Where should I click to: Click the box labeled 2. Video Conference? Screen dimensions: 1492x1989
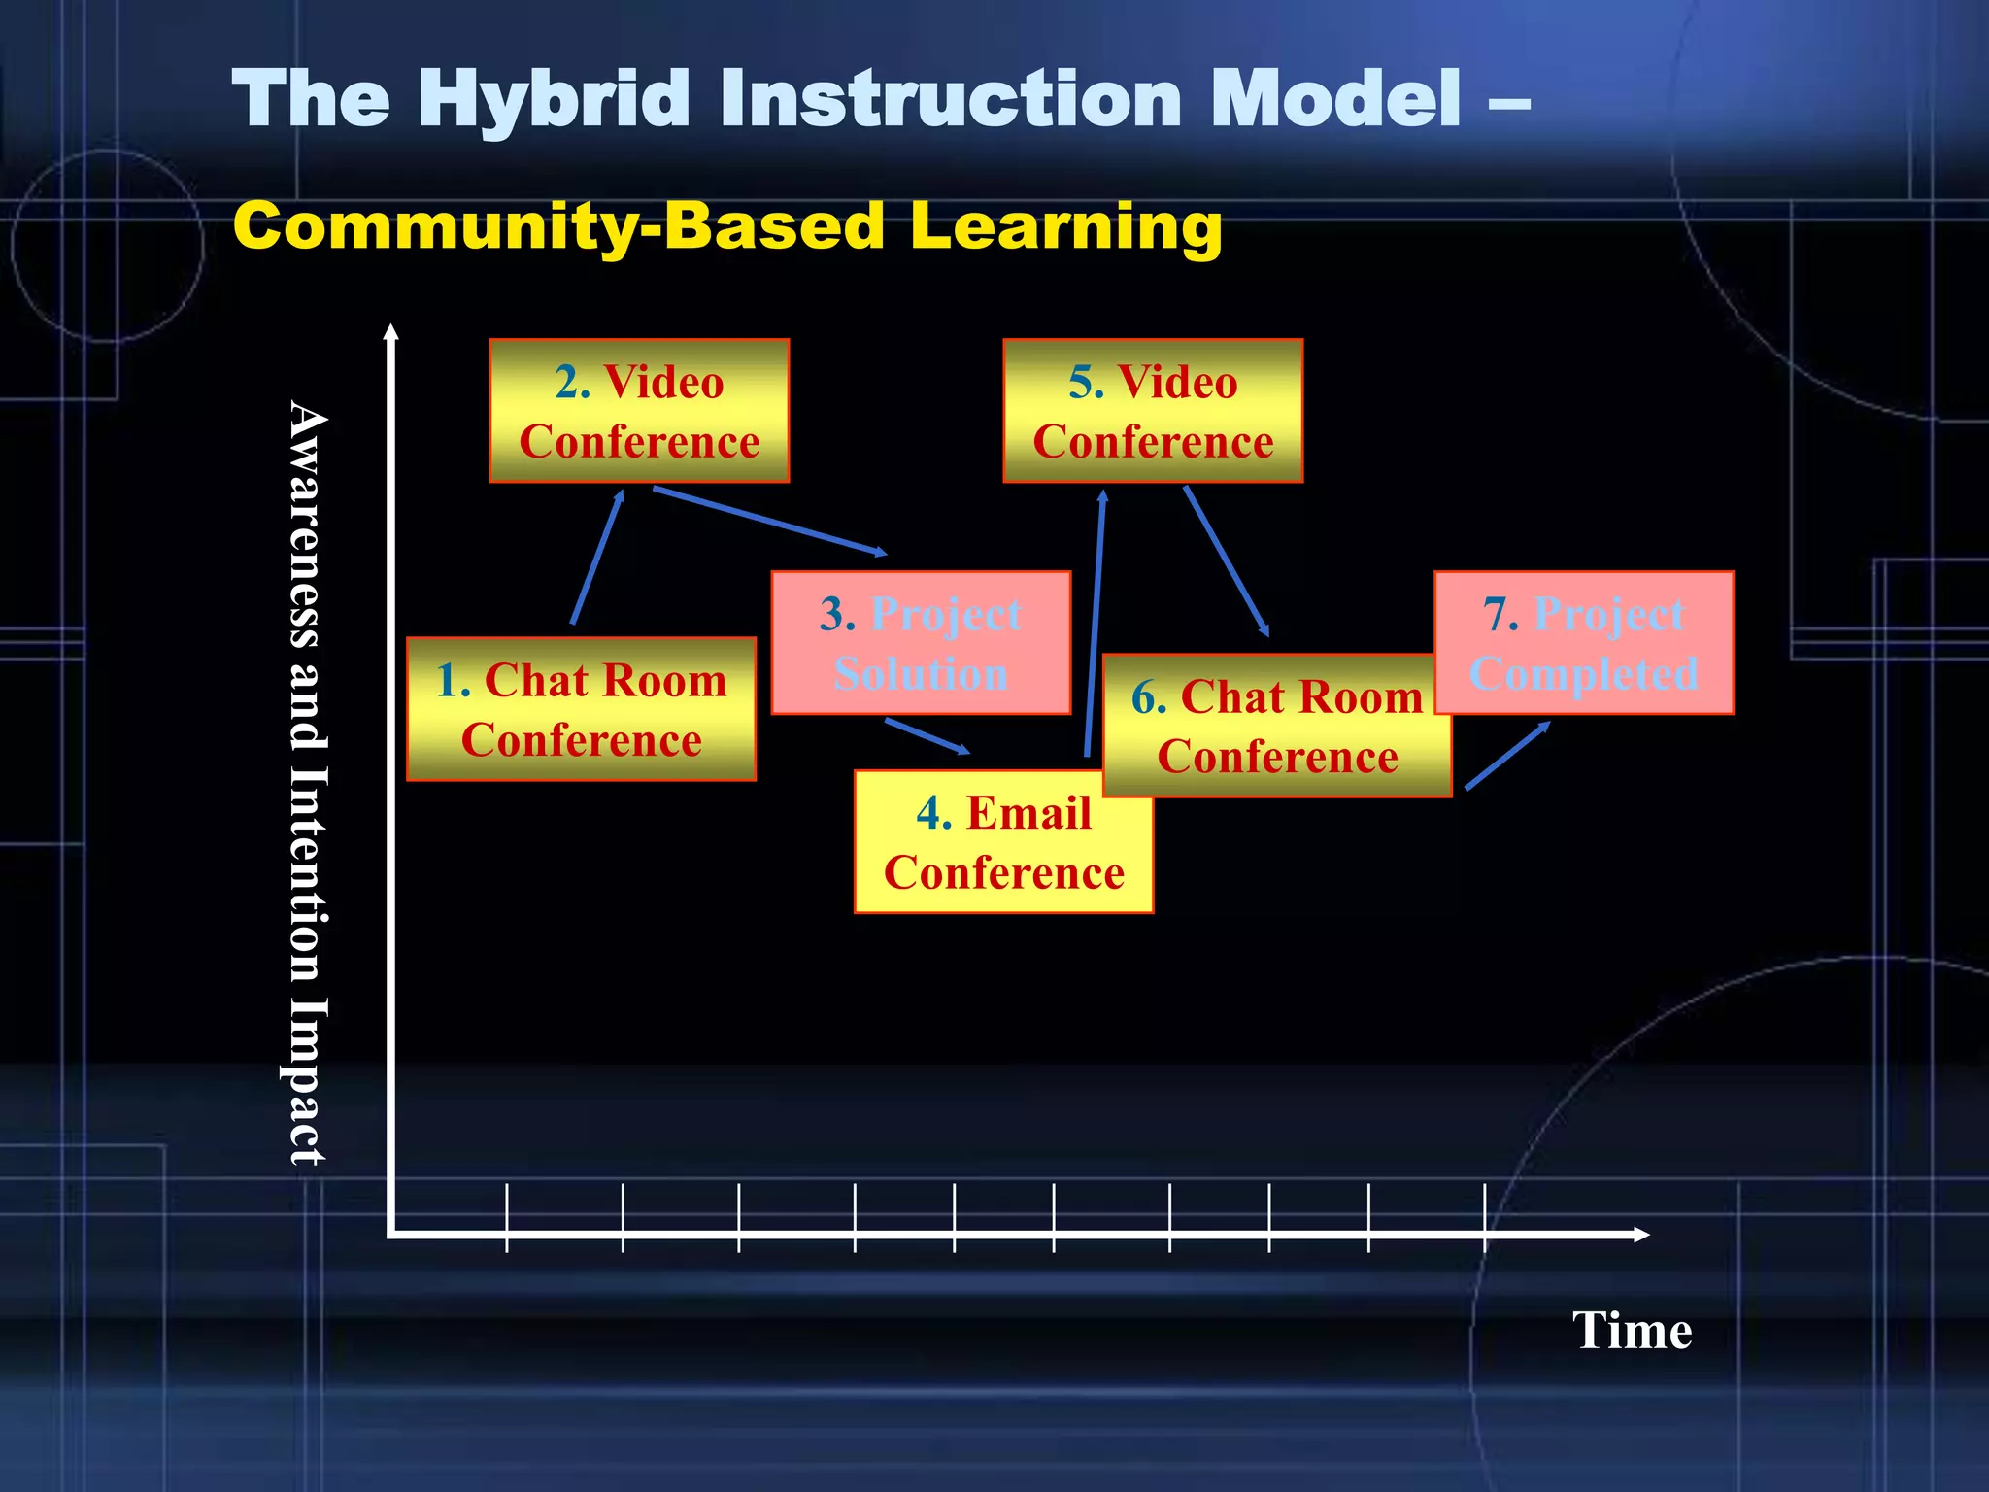[639, 411]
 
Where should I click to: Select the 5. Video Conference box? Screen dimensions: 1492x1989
[1153, 411]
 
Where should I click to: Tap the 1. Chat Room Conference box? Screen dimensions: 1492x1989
[581, 709]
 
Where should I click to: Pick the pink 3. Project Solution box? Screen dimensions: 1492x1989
[921, 643]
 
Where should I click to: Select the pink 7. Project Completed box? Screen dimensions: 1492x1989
[1584, 643]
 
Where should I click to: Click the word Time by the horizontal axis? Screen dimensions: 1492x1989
[1632, 1331]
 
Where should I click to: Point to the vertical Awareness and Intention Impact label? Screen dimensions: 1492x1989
[309, 782]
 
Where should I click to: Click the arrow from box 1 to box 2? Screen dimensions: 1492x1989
[597, 558]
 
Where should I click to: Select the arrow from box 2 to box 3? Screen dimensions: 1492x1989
[770, 522]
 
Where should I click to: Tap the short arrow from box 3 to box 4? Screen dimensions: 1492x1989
[927, 735]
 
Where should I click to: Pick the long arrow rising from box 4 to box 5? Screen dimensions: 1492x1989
[1095, 622]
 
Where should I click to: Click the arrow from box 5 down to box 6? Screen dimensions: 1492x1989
[1226, 560]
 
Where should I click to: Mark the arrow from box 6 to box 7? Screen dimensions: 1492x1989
[1507, 755]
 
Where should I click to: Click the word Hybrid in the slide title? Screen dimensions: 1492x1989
[555, 99]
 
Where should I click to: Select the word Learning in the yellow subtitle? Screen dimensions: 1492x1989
[1065, 225]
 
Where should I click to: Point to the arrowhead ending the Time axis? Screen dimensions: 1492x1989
[1640, 1235]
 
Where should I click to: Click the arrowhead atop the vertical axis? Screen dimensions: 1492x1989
[390, 333]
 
